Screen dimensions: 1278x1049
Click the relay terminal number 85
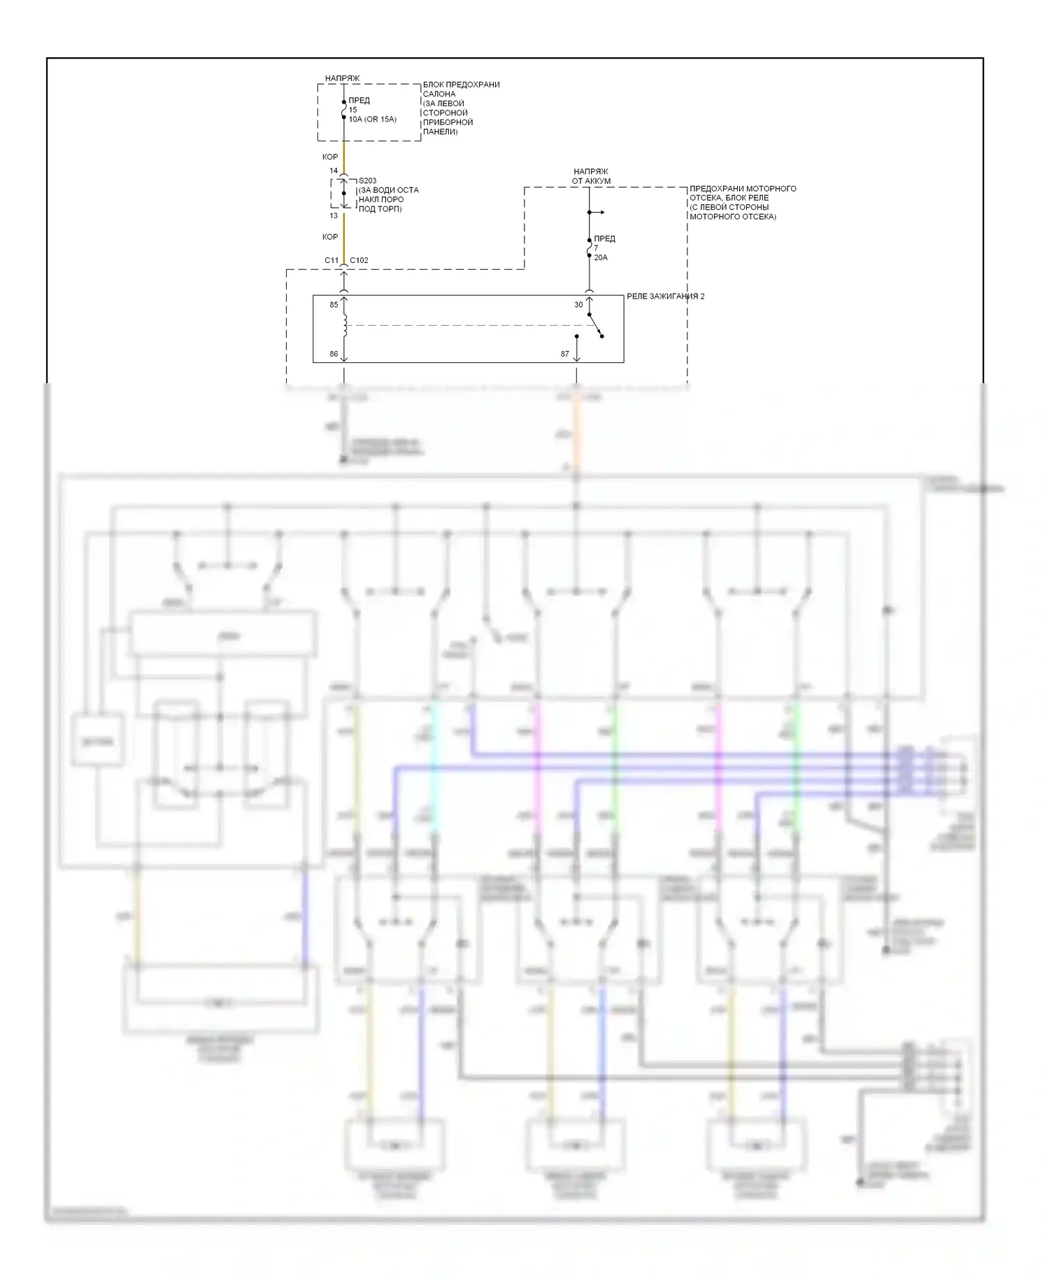point(334,305)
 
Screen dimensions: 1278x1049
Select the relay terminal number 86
point(334,354)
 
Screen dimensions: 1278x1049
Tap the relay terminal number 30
point(578,305)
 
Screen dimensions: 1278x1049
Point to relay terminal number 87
point(564,354)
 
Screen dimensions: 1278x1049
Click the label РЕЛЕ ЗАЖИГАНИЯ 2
point(665,296)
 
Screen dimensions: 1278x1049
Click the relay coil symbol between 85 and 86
point(345,326)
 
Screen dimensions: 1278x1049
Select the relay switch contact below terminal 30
point(595,326)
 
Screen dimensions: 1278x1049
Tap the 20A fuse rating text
point(601,258)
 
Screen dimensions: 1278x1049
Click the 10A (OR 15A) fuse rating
point(372,120)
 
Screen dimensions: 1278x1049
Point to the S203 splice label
point(367,181)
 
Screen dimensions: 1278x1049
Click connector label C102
point(359,261)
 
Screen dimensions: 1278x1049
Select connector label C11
point(331,261)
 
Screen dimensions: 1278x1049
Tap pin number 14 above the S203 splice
point(334,171)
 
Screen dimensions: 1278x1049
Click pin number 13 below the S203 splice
point(334,216)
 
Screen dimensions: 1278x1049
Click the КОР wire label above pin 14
point(330,157)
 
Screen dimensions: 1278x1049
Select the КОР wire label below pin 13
point(330,237)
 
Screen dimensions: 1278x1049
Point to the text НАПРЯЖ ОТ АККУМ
point(591,176)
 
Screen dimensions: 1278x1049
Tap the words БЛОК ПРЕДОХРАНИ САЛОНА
point(460,89)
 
